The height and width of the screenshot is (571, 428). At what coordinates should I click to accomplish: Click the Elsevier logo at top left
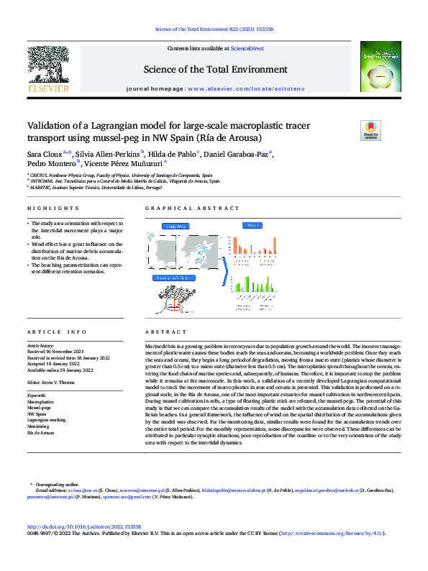click(48, 73)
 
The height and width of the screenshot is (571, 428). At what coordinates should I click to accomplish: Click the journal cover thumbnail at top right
click(381, 67)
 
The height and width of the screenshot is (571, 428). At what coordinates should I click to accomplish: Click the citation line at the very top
click(214, 29)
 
